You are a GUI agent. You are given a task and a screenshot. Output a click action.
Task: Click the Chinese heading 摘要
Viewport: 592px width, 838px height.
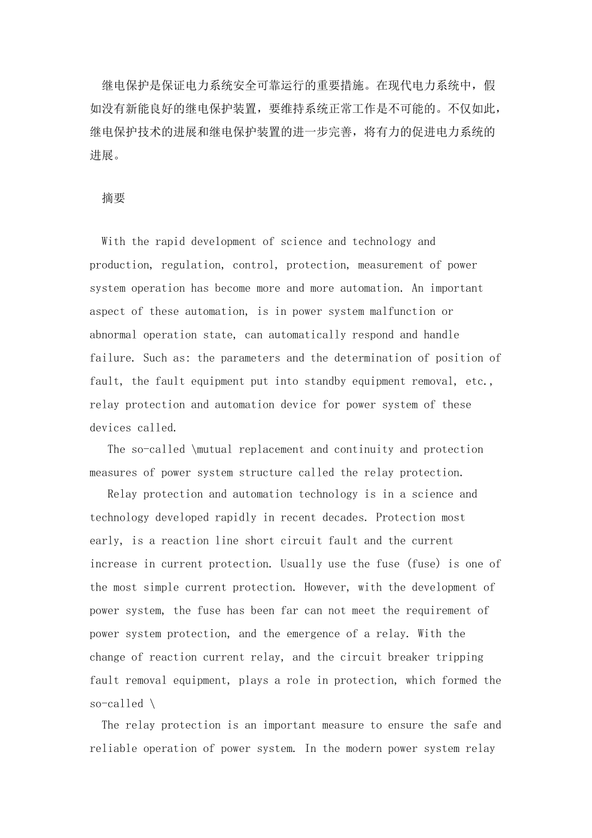click(113, 198)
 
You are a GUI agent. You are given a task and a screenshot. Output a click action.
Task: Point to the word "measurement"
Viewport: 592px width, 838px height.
click(391, 265)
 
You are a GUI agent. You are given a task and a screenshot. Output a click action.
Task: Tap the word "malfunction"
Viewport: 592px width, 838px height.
click(403, 312)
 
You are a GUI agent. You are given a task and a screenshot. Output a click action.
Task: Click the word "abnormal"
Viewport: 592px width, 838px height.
click(113, 335)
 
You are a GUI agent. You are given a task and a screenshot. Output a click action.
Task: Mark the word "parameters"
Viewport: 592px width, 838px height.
click(251, 359)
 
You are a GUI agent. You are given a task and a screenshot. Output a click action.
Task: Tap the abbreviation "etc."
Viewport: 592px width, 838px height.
click(480, 382)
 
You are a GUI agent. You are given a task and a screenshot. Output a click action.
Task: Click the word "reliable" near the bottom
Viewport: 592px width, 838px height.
click(113, 749)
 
